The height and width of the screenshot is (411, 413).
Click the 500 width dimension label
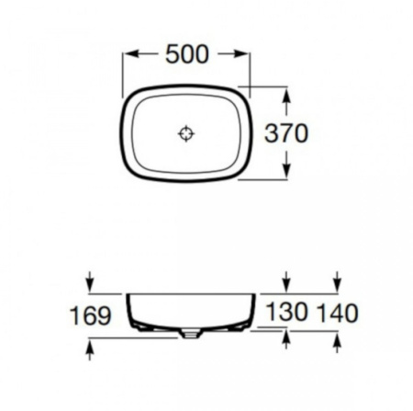tap(187, 54)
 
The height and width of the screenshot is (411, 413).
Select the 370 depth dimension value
tap(286, 133)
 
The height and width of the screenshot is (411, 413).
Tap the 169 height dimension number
tap(90, 315)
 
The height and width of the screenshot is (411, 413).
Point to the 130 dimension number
tap(286, 312)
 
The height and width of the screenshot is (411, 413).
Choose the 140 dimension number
tap(338, 313)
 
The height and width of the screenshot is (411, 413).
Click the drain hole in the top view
tap(186, 133)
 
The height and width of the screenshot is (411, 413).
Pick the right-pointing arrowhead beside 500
tap(240, 54)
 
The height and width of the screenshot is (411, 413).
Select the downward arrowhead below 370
tap(286, 171)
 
